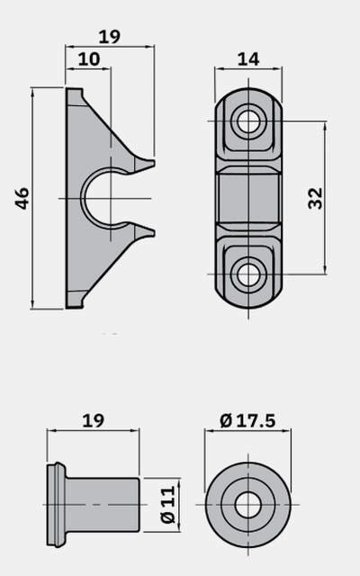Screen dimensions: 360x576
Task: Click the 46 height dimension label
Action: (x=22, y=198)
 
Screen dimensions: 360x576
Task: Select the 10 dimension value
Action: (x=89, y=59)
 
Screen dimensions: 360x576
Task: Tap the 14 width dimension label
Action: (x=248, y=59)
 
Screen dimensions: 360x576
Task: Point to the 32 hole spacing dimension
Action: (x=315, y=198)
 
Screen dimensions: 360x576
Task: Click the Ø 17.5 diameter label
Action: (x=247, y=420)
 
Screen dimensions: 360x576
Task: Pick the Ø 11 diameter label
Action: (x=168, y=505)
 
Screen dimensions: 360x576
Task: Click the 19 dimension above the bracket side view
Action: (x=110, y=36)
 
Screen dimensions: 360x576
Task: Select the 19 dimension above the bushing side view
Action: (x=94, y=420)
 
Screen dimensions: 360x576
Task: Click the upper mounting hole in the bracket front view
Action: (x=248, y=121)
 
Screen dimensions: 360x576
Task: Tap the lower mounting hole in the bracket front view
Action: (x=248, y=274)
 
